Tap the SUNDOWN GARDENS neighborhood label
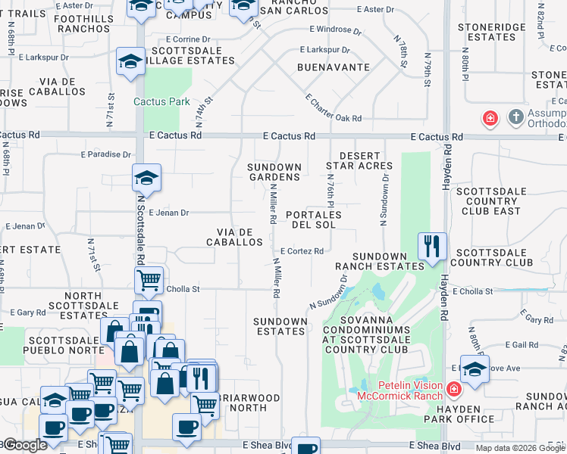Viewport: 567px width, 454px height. tap(276, 172)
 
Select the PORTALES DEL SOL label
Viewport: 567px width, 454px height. tap(314, 219)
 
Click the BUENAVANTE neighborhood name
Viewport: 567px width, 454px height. tap(333, 67)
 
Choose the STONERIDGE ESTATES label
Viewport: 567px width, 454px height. tap(492, 32)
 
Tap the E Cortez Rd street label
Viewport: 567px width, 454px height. tap(302, 251)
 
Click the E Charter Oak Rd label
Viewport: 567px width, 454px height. tap(334, 108)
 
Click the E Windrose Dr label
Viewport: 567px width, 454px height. tap(334, 32)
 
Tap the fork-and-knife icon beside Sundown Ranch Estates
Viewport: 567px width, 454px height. tap(430, 246)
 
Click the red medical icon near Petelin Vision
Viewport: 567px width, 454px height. tap(453, 390)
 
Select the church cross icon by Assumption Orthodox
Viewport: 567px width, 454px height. tap(515, 117)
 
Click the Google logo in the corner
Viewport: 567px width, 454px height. tap(24, 445)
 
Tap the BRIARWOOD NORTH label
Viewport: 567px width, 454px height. tap(248, 403)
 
